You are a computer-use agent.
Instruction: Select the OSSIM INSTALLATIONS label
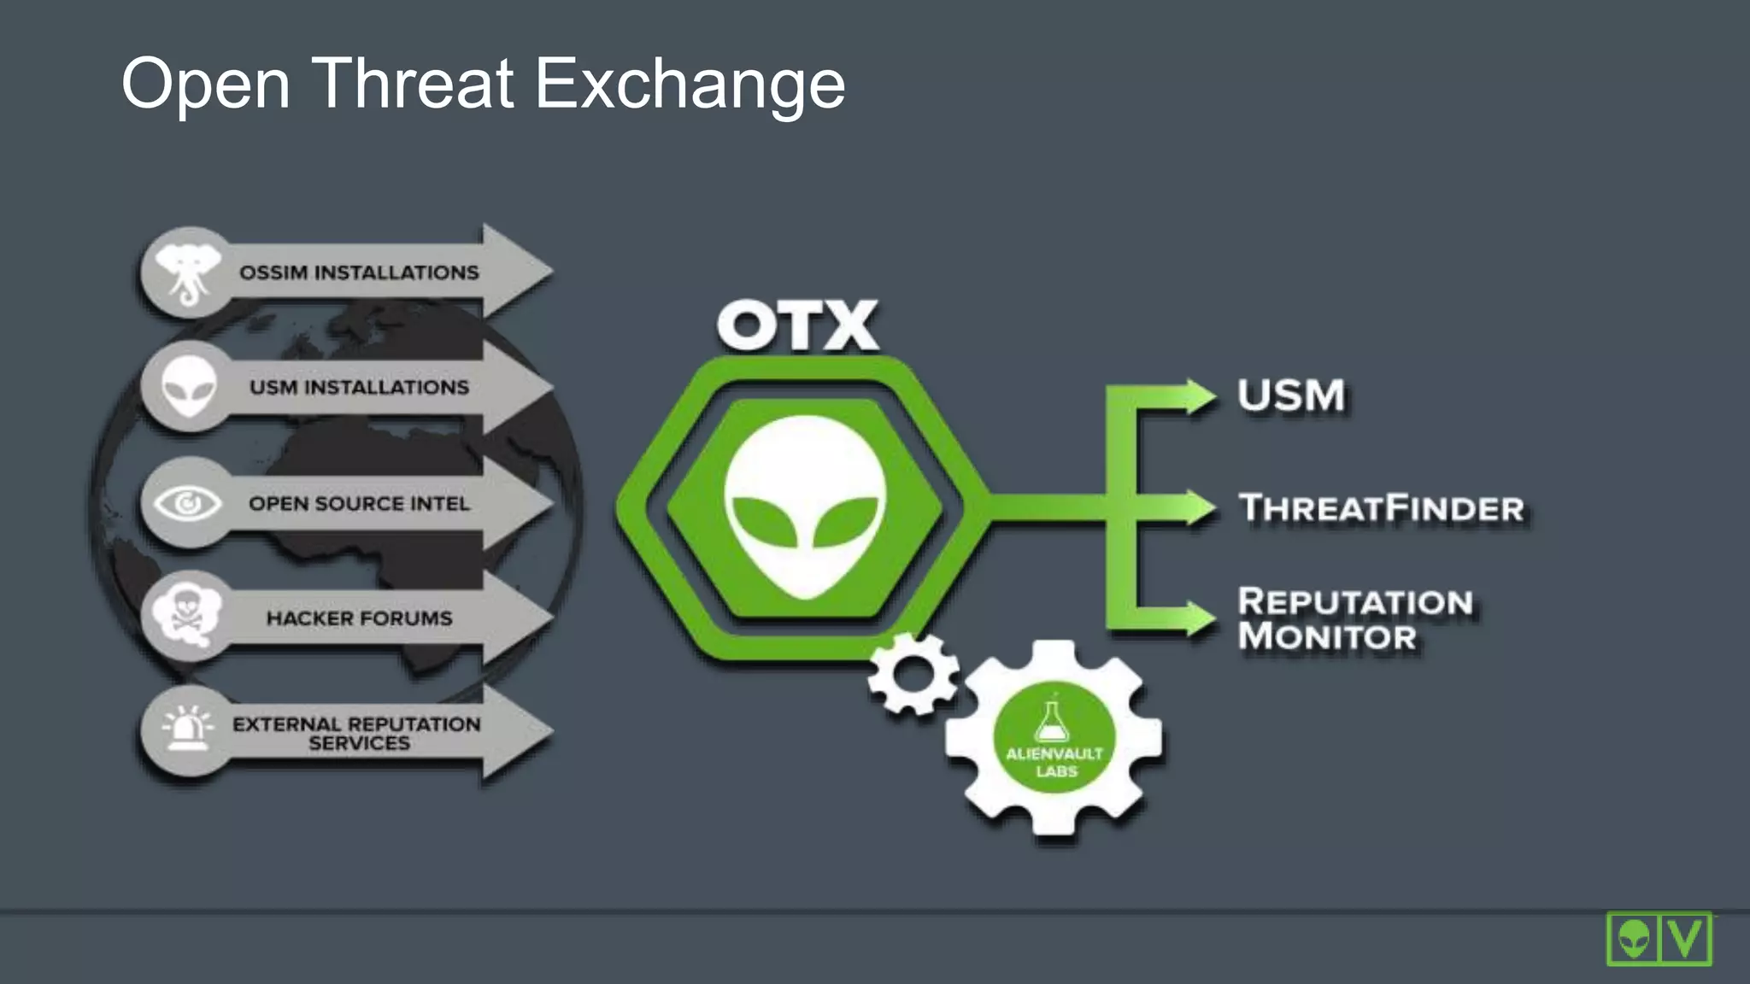point(359,272)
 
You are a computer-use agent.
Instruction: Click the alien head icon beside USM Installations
point(189,386)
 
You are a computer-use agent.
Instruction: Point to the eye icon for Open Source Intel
point(188,503)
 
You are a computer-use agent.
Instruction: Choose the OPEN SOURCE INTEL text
point(359,503)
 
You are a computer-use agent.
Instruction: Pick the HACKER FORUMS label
point(359,618)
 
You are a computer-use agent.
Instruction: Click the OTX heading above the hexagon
point(797,325)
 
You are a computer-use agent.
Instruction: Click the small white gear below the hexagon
point(913,675)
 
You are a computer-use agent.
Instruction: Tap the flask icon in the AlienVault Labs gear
point(1051,722)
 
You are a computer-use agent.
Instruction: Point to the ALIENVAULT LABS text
point(1055,762)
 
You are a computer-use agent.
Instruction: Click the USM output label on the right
point(1291,395)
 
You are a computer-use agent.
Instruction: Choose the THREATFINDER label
point(1382,508)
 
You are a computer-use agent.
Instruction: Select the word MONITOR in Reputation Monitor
point(1327,636)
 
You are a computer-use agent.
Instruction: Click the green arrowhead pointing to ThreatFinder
point(1198,507)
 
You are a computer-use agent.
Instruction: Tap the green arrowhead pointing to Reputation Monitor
point(1198,618)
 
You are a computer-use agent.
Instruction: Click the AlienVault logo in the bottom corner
point(1659,939)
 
